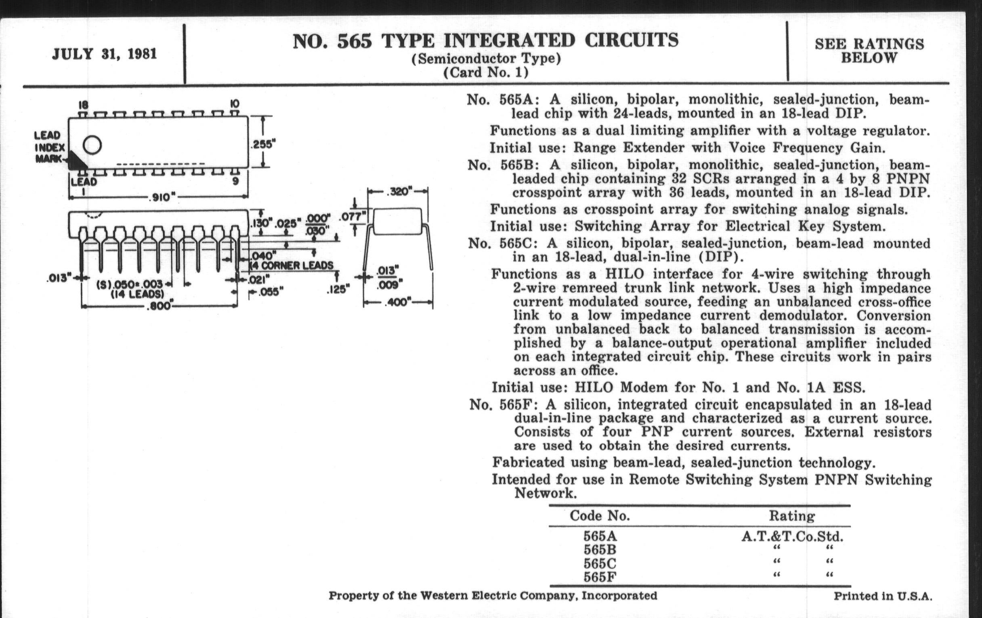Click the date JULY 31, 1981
105,54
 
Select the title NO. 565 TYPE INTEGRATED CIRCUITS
485,41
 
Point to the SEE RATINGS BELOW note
869,50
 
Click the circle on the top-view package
92,145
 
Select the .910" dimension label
161,198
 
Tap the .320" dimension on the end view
399,191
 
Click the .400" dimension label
398,302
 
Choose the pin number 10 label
235,104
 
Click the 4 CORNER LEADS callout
292,265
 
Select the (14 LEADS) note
137,294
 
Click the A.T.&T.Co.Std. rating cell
792,536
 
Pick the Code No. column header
600,516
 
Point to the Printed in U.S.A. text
883,596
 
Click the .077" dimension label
352,216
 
